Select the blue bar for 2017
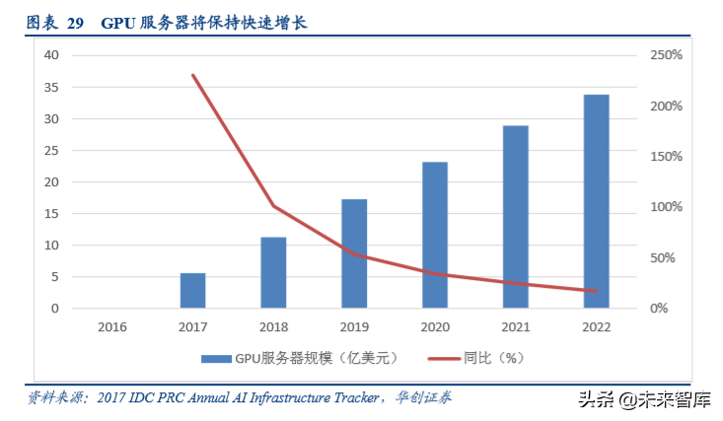point(192,290)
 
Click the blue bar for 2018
point(273,272)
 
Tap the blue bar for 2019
point(354,253)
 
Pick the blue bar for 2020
point(435,235)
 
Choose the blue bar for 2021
point(516,217)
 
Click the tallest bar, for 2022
point(596,201)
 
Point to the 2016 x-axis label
point(112,326)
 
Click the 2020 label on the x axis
point(435,326)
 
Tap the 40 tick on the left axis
point(50,55)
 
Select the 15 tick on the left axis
point(50,214)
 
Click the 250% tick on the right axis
point(666,55)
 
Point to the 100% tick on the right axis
point(666,207)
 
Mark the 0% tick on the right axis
point(659,309)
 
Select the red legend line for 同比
point(442,358)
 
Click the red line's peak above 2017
point(193,75)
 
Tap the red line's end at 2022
point(596,291)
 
